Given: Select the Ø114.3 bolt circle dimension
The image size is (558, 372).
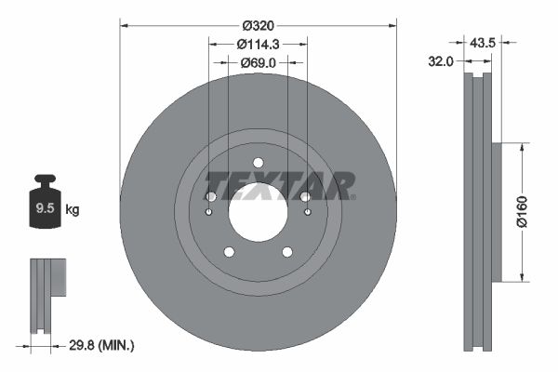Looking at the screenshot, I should click(258, 44).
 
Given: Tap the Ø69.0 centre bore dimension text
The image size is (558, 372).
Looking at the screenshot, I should click(258, 62).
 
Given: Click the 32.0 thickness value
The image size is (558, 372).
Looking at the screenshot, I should click(441, 62).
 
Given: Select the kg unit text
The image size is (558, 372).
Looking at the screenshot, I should click(73, 210).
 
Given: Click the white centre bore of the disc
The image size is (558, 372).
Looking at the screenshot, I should click(258, 211).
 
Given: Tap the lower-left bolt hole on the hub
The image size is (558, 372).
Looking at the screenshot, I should click(228, 251).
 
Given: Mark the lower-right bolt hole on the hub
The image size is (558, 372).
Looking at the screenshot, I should click(287, 251).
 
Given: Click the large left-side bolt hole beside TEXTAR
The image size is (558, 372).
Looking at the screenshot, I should click(211, 196).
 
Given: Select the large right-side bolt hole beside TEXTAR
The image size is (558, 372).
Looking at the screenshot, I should click(305, 196).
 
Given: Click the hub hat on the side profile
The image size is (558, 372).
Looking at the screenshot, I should click(496, 211).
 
